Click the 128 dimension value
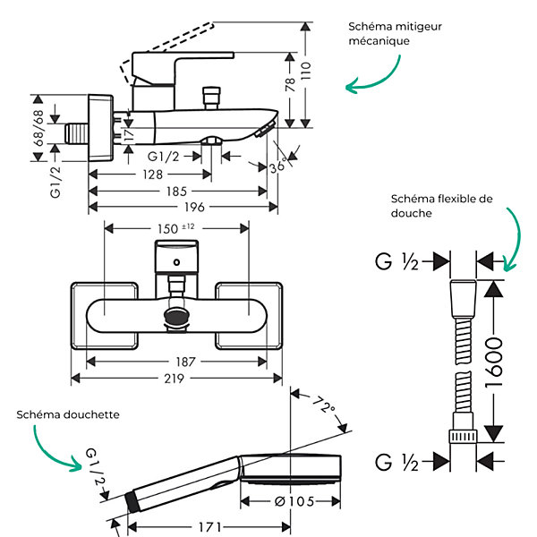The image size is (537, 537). (x=152, y=175)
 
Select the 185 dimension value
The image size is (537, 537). (x=176, y=192)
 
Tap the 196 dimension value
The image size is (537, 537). (x=194, y=208)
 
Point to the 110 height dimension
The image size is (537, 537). (x=306, y=72)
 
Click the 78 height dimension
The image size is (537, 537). (x=290, y=84)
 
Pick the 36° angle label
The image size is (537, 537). (x=277, y=166)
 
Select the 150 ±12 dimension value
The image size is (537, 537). (x=176, y=228)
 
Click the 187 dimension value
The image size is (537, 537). (x=185, y=362)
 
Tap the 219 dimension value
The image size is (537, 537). (x=174, y=379)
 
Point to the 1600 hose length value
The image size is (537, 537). (x=494, y=362)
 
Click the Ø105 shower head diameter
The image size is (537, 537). (x=294, y=502)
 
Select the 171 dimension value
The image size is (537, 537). (x=210, y=527)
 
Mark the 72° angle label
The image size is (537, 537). (x=324, y=405)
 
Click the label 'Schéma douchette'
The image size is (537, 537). (x=68, y=414)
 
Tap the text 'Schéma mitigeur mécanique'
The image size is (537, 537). (x=395, y=34)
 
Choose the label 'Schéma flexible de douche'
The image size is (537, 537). (x=441, y=206)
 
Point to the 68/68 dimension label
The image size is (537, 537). (x=39, y=128)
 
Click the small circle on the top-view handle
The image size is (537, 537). (x=176, y=262)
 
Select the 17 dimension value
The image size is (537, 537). (x=129, y=135)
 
